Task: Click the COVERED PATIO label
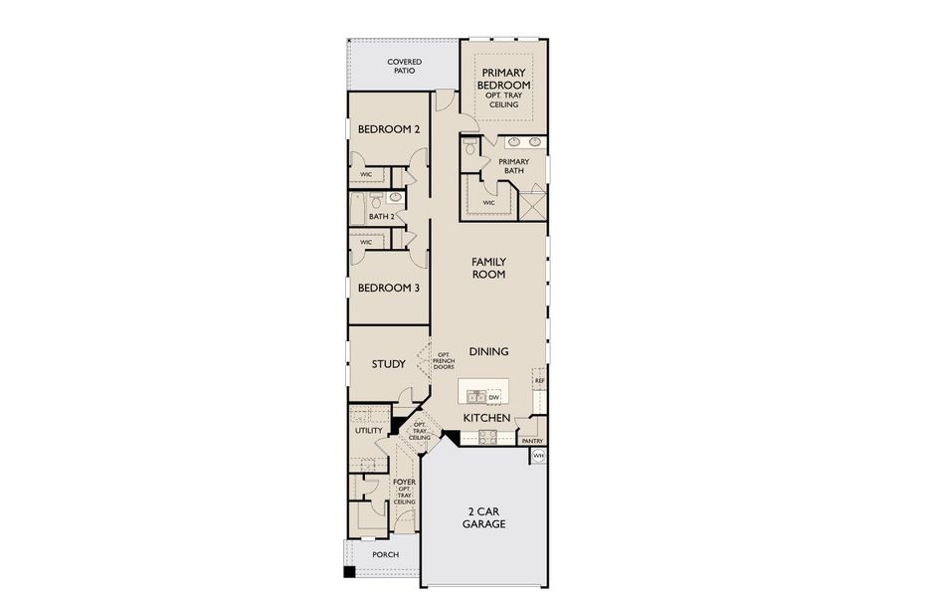tap(404, 67)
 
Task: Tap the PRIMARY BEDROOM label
tap(504, 80)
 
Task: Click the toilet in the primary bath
tap(470, 150)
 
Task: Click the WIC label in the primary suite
tap(488, 202)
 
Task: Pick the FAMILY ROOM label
tap(488, 268)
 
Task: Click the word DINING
tap(488, 351)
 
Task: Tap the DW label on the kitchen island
tap(493, 397)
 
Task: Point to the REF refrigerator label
tap(540, 380)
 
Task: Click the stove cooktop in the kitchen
tap(487, 436)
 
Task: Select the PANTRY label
tap(532, 440)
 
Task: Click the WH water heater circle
tap(538, 456)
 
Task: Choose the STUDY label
tap(389, 364)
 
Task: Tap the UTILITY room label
tap(369, 431)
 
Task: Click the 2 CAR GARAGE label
tap(486, 517)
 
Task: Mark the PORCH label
tap(385, 555)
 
